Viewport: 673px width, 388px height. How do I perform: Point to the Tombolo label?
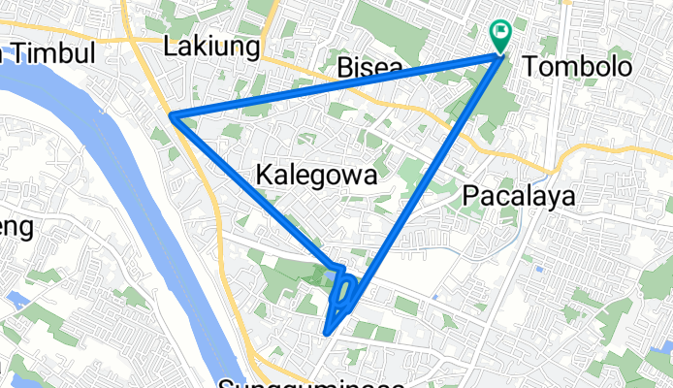576,66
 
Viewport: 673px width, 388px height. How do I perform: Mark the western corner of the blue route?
173,116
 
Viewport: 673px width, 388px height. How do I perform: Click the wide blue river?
136,194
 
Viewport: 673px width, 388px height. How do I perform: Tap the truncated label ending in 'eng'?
16,229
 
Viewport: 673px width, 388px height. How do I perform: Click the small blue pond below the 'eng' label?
16,298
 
